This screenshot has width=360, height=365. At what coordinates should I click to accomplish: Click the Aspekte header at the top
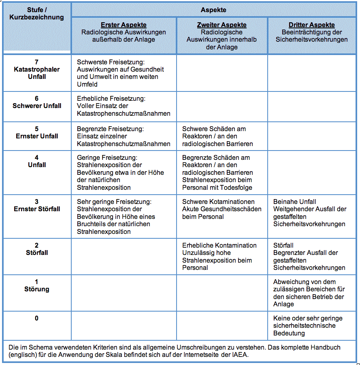click(213, 10)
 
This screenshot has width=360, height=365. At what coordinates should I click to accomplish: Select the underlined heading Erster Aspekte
click(124, 25)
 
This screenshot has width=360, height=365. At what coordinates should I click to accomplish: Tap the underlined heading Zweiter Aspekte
click(222, 25)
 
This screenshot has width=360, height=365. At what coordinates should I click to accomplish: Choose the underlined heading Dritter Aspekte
click(311, 25)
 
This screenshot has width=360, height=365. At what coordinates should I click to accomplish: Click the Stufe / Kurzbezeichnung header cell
click(36, 13)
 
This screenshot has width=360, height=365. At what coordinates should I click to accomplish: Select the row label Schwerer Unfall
click(37, 106)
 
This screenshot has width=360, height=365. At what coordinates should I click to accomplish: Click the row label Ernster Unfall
click(37, 136)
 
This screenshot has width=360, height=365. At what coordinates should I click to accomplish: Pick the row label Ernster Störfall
click(37, 209)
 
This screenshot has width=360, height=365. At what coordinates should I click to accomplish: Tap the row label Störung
click(37, 289)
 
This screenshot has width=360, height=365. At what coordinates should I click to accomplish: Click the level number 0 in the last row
click(37, 318)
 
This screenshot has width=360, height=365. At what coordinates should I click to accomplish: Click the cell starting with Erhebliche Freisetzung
click(124, 106)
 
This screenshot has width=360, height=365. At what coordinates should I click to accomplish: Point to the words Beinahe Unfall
click(295, 202)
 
